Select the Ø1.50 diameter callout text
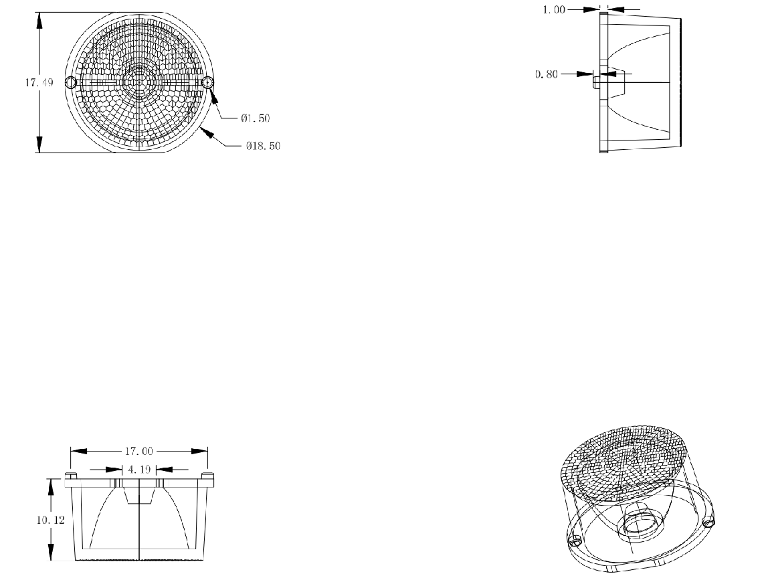click(255, 118)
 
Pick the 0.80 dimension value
click(546, 74)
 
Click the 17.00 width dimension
click(140, 451)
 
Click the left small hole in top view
click(70, 82)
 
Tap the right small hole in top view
click(207, 82)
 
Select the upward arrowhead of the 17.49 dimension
click(39, 19)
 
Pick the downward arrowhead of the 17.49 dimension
click(39, 145)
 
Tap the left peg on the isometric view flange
click(573, 541)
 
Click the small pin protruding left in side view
click(595, 82)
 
